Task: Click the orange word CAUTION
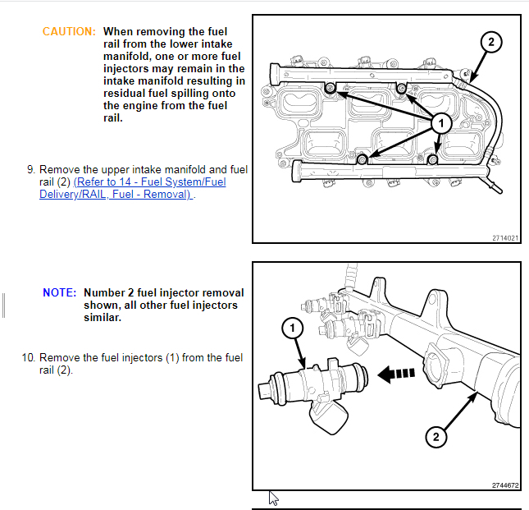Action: pos(69,31)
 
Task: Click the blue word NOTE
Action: pos(59,292)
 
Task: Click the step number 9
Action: pos(30,169)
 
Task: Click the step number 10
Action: pos(28,357)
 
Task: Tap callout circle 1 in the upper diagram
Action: pos(440,122)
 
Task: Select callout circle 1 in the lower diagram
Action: pos(294,329)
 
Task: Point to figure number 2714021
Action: pos(504,237)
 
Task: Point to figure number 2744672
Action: pos(504,485)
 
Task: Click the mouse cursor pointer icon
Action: pos(274,498)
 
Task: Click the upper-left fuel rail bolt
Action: pos(330,88)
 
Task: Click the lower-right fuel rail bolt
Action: pos(435,157)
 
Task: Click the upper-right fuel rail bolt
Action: pos(401,88)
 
